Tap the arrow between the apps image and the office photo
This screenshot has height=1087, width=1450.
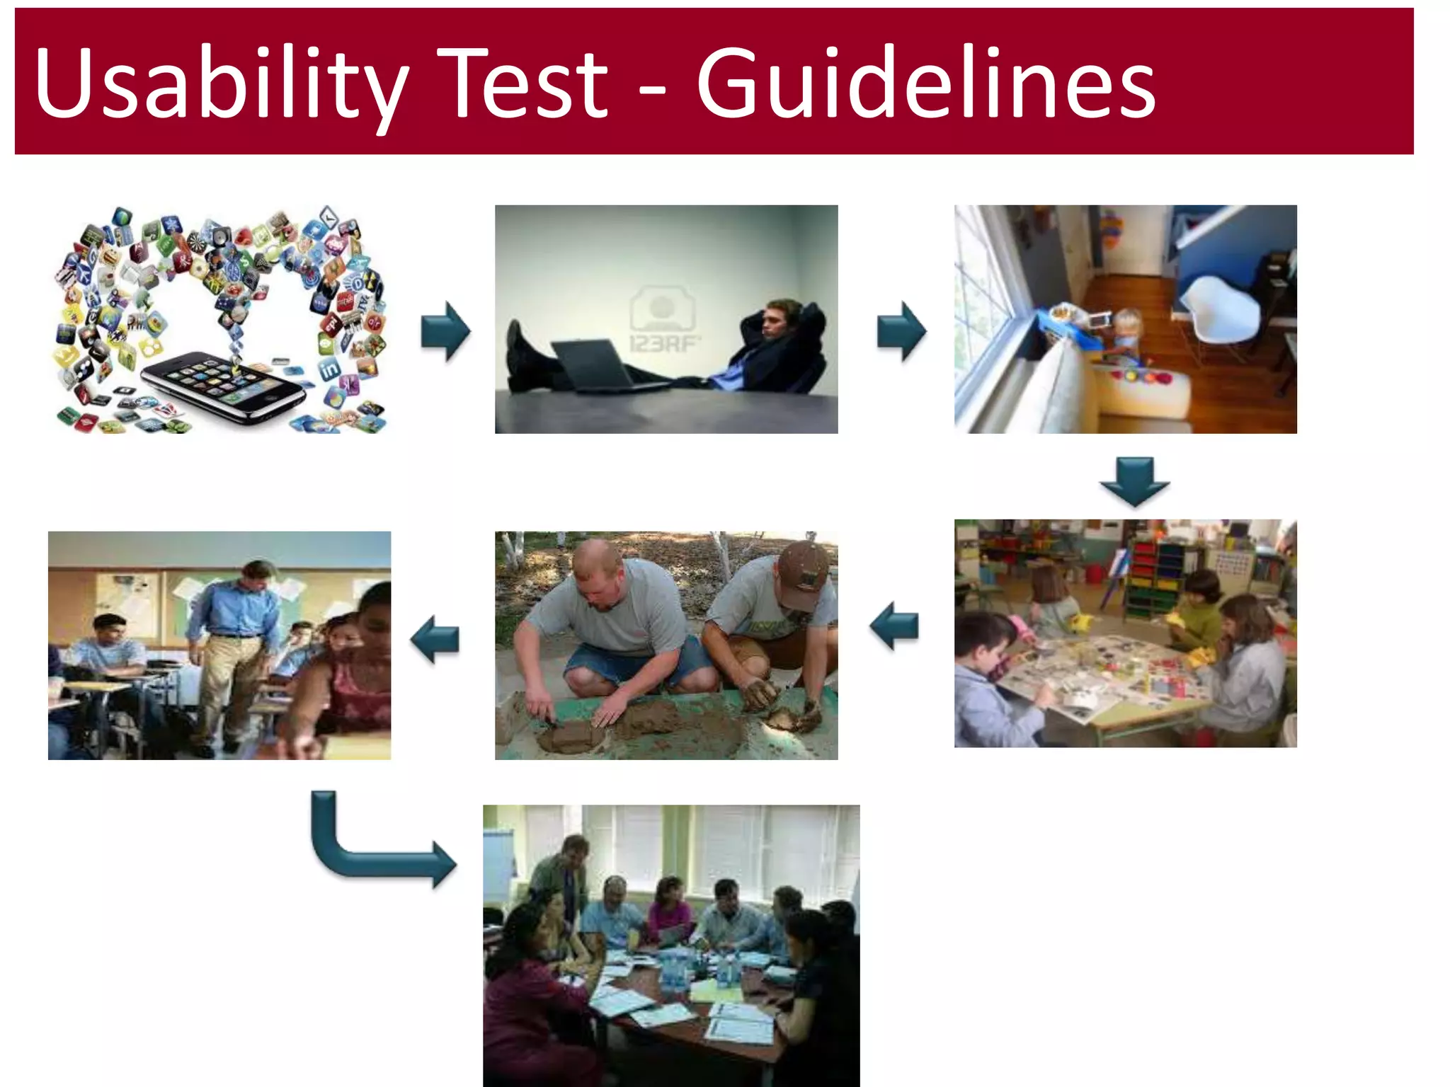pos(445,331)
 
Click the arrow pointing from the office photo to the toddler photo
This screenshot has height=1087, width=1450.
pos(901,331)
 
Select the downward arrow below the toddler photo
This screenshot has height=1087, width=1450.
pos(1134,481)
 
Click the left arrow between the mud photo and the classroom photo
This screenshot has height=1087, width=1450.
pos(435,638)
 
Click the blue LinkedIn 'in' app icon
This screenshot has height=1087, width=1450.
pos(329,369)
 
